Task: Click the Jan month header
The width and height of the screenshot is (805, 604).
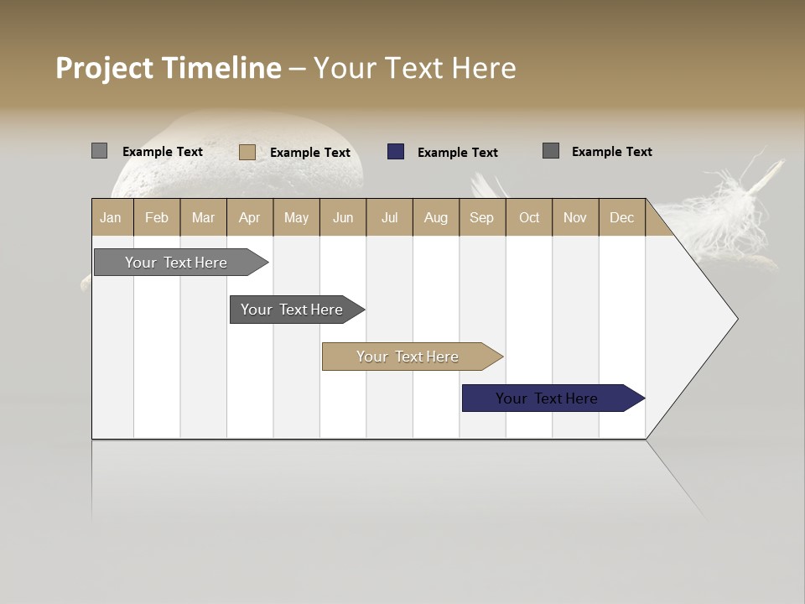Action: (111, 217)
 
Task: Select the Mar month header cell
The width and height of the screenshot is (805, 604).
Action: (203, 217)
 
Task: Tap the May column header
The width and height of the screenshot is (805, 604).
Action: (296, 217)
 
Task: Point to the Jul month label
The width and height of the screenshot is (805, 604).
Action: (389, 217)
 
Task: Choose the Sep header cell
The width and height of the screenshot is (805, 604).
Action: (481, 217)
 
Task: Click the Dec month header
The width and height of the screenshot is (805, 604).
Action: (621, 217)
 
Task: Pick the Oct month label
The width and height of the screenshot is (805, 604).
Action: (529, 217)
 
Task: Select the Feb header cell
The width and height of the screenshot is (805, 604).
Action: (157, 217)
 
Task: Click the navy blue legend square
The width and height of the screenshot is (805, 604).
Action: (396, 152)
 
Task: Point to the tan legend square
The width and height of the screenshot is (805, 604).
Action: (247, 152)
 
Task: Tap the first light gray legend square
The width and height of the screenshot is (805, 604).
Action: (99, 151)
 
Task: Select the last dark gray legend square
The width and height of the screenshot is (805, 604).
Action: (551, 151)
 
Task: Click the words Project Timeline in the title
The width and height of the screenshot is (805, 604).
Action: (168, 68)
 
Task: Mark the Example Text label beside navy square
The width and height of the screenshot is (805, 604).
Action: (457, 153)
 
